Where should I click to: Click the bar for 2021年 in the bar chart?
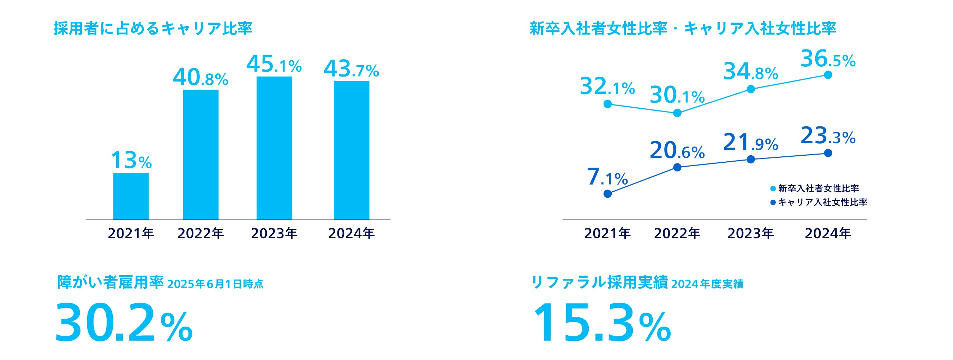[131, 196]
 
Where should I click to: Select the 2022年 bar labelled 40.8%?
[200, 155]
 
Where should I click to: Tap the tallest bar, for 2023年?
[274, 148]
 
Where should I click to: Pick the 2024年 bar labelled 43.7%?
[352, 150]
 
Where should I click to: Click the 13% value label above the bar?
[131, 161]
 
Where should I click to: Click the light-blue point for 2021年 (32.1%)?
[607, 104]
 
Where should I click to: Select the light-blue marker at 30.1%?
[677, 113]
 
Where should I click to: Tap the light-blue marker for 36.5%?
[828, 75]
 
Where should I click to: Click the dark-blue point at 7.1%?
[607, 193]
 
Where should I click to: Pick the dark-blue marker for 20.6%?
[677, 167]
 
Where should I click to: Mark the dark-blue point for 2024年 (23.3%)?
[828, 153]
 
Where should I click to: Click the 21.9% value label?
[751, 143]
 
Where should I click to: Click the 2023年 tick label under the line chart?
[751, 233]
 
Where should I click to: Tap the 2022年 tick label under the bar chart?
[200, 233]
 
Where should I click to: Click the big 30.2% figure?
[124, 323]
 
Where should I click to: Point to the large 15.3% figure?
[601, 323]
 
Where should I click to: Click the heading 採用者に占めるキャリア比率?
[153, 29]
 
